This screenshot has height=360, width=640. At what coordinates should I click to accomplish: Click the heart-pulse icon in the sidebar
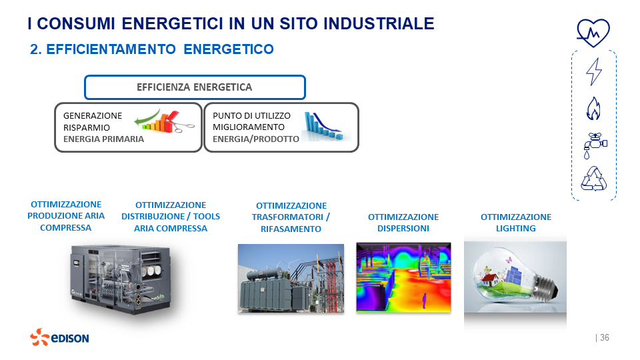pyautogui.click(x=593, y=31)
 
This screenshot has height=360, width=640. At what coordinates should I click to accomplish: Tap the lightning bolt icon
pyautogui.click(x=593, y=71)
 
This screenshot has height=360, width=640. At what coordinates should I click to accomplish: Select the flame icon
pyautogui.click(x=593, y=107)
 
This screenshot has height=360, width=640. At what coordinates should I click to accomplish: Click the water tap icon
pyautogui.click(x=593, y=144)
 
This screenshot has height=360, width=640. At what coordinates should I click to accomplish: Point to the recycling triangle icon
pyautogui.click(x=593, y=179)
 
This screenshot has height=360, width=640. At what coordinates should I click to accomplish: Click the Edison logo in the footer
pyautogui.click(x=59, y=337)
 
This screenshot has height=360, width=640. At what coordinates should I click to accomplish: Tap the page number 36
pyautogui.click(x=604, y=338)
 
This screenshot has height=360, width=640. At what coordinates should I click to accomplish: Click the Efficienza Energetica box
pyautogui.click(x=195, y=87)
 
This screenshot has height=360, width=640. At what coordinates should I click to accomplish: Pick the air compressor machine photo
pyautogui.click(x=121, y=277)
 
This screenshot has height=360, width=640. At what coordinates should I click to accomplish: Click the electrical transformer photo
pyautogui.click(x=291, y=278)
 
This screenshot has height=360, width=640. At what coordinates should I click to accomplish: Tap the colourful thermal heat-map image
pyautogui.click(x=403, y=277)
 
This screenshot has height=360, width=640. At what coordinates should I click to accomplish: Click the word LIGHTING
pyautogui.click(x=515, y=228)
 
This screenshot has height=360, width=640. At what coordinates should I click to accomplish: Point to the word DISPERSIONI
pyautogui.click(x=403, y=228)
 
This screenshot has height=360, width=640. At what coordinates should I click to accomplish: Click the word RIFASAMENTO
pyautogui.click(x=291, y=229)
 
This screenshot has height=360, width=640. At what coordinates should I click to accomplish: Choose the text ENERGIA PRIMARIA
pyautogui.click(x=103, y=139)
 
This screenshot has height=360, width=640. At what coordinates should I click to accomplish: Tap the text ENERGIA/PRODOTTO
pyautogui.click(x=256, y=139)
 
